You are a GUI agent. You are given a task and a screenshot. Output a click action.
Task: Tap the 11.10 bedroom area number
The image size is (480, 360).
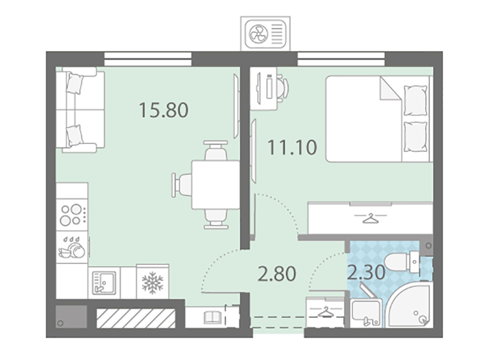pos(292,147)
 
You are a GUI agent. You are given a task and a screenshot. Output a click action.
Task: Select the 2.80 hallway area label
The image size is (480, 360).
pos(277,273)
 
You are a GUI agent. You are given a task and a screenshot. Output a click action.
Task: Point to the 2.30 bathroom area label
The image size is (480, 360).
pos(366,272)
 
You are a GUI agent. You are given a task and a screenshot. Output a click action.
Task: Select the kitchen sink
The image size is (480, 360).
pos(104,283)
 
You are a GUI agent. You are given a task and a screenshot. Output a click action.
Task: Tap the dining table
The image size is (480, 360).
pos(216,184)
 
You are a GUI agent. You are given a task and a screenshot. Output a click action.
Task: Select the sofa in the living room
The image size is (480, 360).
pos(80,110)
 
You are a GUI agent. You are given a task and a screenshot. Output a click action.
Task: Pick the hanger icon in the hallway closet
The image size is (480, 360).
pos(325,312)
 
